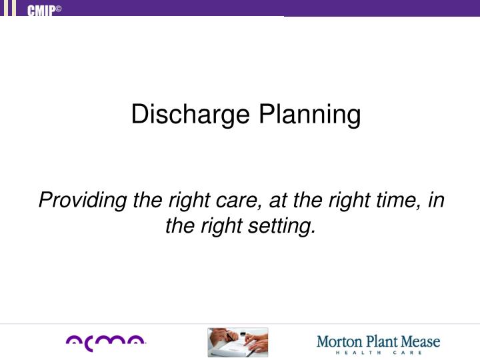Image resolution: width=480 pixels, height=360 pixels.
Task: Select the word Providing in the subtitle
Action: tap(72, 200)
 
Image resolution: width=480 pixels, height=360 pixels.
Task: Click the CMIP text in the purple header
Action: tap(41, 9)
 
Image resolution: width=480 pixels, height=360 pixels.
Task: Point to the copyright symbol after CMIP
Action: tap(58, 7)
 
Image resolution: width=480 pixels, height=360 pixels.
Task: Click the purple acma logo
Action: tap(105, 342)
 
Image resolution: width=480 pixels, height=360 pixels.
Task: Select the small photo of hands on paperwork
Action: tap(237, 342)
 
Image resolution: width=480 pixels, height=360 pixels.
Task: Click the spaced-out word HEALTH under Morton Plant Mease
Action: tap(357, 353)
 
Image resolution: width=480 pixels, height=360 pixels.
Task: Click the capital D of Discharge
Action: tap(138, 114)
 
